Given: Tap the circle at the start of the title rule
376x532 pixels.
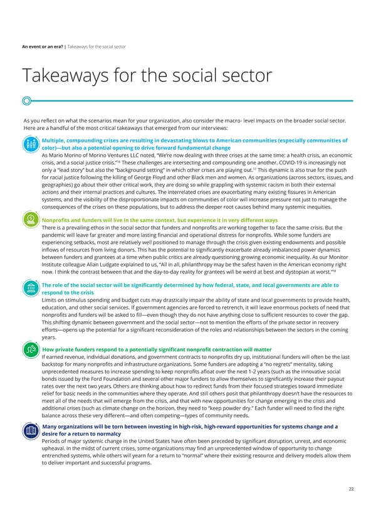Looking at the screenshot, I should point(26,100).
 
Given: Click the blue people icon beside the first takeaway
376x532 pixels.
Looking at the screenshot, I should point(30,144).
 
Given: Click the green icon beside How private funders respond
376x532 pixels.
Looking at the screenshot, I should point(30,351).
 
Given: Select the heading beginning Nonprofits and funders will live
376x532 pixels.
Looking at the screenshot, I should point(159,221).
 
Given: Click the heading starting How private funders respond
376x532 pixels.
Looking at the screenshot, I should point(157,349).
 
